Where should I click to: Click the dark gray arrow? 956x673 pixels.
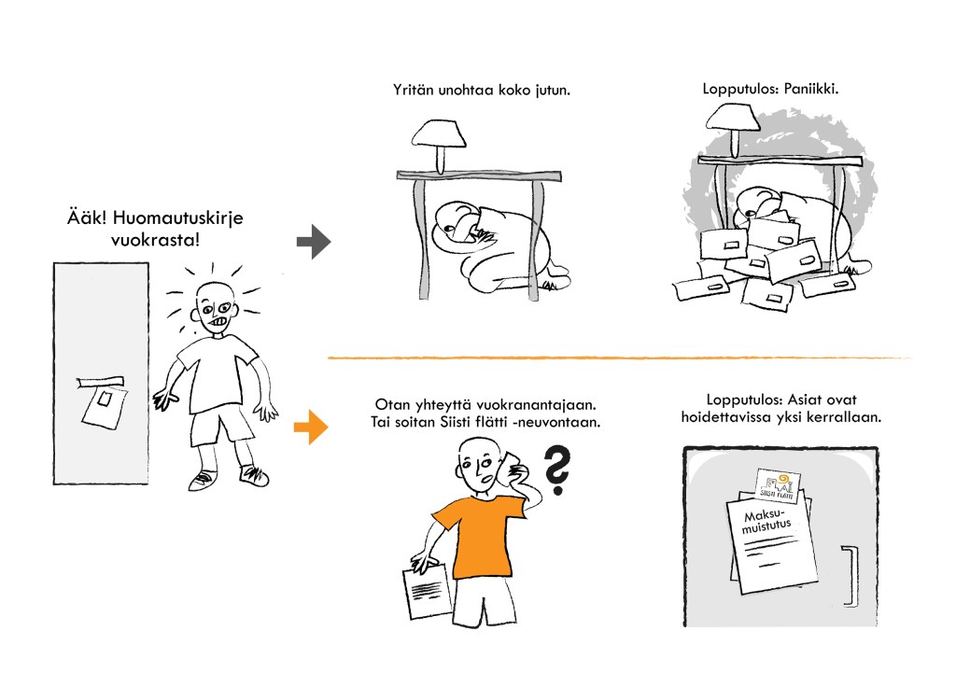tap(314, 242)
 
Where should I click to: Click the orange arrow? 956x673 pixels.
tap(311, 427)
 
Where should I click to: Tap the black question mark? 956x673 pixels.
tap(557, 470)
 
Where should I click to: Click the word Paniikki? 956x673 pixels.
tap(811, 89)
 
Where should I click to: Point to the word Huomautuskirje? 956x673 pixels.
tap(178, 218)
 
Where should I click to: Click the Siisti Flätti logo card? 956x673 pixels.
tap(778, 485)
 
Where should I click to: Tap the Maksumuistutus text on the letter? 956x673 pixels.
tap(766, 521)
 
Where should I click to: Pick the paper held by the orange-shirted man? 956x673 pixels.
tap(427, 590)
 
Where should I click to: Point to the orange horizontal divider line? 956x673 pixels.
tap(620, 358)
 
